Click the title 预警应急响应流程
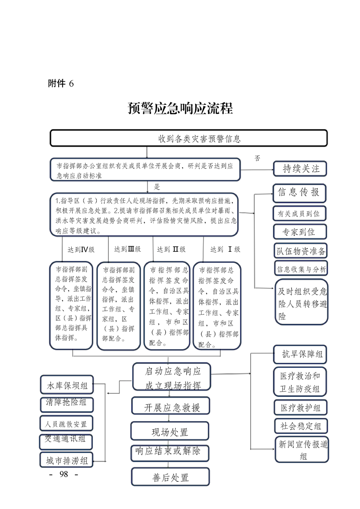click(x=180, y=109)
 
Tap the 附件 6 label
click(x=60, y=83)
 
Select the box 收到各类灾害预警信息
click(x=188, y=138)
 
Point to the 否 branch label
click(x=257, y=158)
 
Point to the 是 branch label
click(x=157, y=186)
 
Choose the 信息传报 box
click(x=299, y=192)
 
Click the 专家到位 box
click(x=299, y=232)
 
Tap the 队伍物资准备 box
click(x=300, y=250)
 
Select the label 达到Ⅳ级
click(x=81, y=249)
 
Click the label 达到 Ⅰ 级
click(x=225, y=249)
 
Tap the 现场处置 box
click(x=170, y=431)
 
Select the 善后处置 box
click(x=170, y=477)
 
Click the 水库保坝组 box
click(x=67, y=386)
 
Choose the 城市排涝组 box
click(x=66, y=460)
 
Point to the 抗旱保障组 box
click(x=300, y=354)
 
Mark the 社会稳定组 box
click(x=300, y=426)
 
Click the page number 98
click(x=63, y=474)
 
